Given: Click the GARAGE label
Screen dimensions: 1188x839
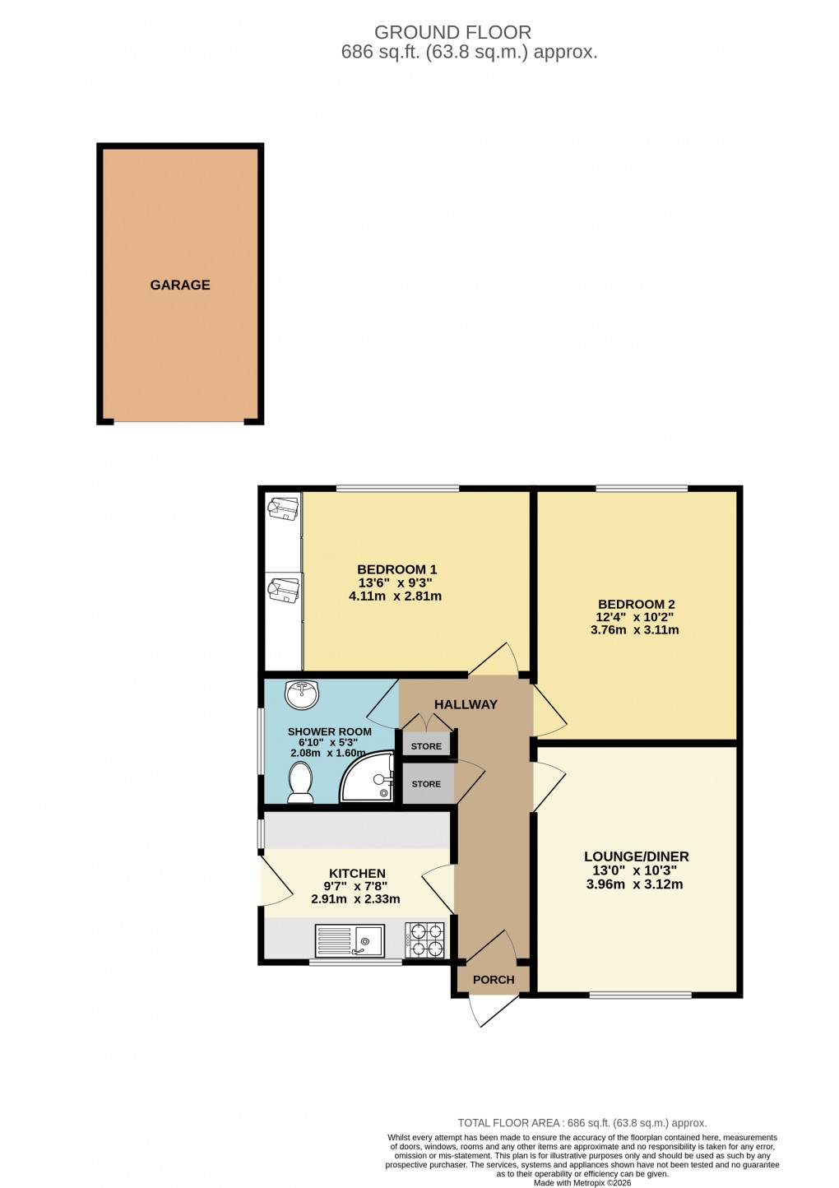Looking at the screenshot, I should pyautogui.click(x=180, y=285).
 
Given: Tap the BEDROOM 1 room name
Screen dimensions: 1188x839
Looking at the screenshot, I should pyautogui.click(x=396, y=569).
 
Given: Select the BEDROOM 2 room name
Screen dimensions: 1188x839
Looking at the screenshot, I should pyautogui.click(x=636, y=604).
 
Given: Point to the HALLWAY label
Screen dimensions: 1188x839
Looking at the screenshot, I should pyautogui.click(x=466, y=704).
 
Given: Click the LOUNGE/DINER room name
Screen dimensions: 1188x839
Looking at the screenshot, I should pyautogui.click(x=636, y=856).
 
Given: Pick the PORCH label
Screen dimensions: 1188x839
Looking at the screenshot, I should pyautogui.click(x=494, y=980).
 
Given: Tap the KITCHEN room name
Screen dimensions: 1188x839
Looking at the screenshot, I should pyautogui.click(x=357, y=874).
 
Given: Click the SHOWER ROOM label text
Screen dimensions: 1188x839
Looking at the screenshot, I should pyautogui.click(x=329, y=731).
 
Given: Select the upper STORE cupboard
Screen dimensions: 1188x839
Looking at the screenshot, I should pyautogui.click(x=426, y=746).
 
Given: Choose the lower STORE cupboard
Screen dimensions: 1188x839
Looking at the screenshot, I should pyautogui.click(x=426, y=784).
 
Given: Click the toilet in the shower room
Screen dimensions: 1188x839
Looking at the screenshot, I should pyautogui.click(x=300, y=782).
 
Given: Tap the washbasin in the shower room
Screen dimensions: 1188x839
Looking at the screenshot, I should pyautogui.click(x=302, y=694).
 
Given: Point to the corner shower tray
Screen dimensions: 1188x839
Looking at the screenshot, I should pyautogui.click(x=370, y=777).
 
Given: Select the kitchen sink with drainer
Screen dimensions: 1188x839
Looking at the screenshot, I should pyautogui.click(x=350, y=940).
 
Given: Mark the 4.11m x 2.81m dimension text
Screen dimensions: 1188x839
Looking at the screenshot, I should pyautogui.click(x=395, y=596).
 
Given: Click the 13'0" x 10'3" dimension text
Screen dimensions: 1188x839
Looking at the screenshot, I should pyautogui.click(x=634, y=870).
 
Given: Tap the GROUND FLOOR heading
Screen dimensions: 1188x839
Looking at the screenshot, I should pyautogui.click(x=452, y=32).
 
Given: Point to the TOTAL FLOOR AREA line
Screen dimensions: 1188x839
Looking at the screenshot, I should pyautogui.click(x=582, y=1123).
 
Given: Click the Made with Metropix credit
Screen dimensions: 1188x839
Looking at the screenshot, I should pyautogui.click(x=582, y=1183).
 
